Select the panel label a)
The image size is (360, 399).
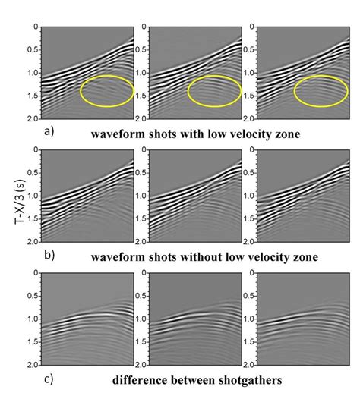[49, 131]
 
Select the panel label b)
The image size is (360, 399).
[49, 256]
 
